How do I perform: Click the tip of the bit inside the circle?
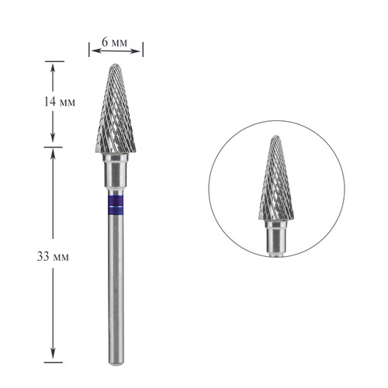pos(275,137)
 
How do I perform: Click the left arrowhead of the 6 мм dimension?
pos(92,51)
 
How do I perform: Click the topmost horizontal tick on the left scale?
pos(53,61)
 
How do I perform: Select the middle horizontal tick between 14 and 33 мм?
pos(53,146)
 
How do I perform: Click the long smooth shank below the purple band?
pos(116,287)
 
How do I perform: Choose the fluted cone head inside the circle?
pos(275,182)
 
